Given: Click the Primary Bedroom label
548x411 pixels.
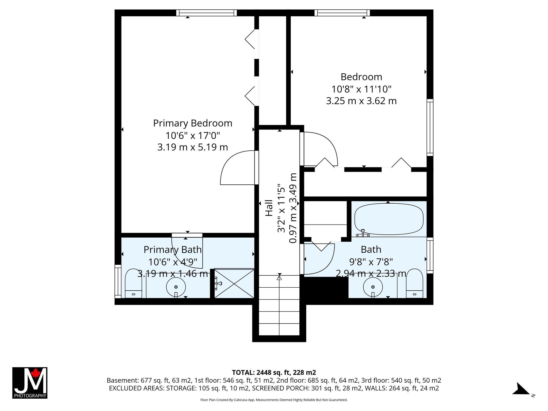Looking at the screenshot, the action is (x=193, y=123).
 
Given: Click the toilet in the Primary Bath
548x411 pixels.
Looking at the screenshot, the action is (x=134, y=283).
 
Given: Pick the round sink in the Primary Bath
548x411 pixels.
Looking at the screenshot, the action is (x=176, y=287).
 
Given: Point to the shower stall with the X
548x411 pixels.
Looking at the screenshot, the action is (x=234, y=283).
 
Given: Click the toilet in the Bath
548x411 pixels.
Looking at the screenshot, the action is (x=414, y=283).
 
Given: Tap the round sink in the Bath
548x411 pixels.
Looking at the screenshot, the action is (x=373, y=287).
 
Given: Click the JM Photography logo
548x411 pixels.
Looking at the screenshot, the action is (x=30, y=383).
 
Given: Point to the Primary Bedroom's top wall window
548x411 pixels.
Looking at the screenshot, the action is (x=207, y=13).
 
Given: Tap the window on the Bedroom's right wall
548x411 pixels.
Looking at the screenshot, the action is (x=430, y=127).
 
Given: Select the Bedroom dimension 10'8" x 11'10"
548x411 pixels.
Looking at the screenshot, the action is (x=361, y=89).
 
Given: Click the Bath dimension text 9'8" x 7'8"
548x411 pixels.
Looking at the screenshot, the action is (x=371, y=261).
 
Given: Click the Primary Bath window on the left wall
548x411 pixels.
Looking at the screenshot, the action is (x=118, y=281).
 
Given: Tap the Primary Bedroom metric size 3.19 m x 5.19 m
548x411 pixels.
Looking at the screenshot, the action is (x=193, y=147).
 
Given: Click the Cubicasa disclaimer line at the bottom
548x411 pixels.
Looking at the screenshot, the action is (x=274, y=400).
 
